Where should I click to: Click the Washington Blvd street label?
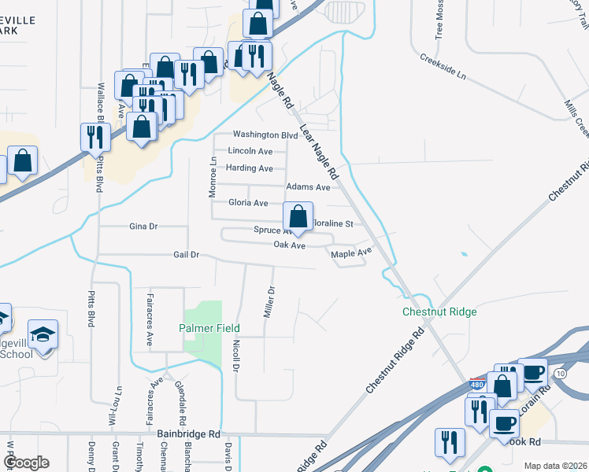[265, 135]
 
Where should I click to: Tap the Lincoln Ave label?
[250, 151]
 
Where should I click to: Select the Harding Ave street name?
[249, 168]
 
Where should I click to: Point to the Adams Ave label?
[308, 187]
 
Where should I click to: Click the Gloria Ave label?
[248, 203]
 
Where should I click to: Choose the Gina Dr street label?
[143, 227]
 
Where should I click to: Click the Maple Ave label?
[350, 253]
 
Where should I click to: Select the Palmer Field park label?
[209, 328]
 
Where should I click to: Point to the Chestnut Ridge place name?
[439, 312]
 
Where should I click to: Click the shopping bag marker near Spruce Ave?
[298, 216]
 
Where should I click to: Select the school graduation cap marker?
[43, 334]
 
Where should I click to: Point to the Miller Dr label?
[269, 301]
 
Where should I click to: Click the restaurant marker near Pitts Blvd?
[94, 138]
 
